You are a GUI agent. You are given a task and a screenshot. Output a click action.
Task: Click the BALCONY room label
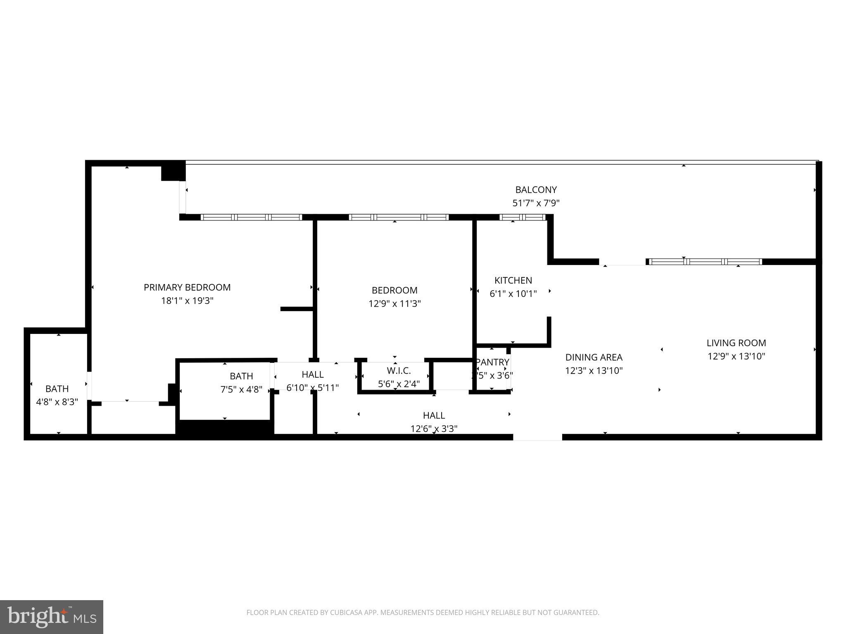tap(536, 190)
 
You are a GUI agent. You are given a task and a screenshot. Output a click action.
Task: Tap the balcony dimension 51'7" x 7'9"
tap(536, 203)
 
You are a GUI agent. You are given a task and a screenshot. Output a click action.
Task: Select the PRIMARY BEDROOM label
tap(187, 287)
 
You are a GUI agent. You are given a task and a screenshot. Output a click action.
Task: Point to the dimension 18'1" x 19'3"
tap(187, 300)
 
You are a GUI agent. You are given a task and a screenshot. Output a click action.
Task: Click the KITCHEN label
tap(513, 280)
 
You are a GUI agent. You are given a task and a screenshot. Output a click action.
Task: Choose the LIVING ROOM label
tap(736, 343)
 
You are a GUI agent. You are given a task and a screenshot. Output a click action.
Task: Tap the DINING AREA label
tap(594, 357)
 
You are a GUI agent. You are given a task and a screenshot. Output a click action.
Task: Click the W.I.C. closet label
tap(399, 371)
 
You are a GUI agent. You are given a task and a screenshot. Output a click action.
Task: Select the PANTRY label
tap(492, 362)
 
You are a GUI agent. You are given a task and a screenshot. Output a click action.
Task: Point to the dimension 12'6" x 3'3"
tap(434, 429)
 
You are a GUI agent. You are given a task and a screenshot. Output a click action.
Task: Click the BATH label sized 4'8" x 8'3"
tap(57, 388)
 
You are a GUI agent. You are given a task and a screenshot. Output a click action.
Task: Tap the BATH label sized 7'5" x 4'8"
tap(241, 376)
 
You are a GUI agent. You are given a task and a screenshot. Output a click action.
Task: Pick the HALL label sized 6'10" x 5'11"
tap(312, 374)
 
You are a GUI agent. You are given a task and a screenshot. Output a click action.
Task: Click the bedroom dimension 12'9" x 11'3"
tap(394, 304)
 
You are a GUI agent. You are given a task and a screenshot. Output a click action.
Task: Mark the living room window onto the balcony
tap(705, 261)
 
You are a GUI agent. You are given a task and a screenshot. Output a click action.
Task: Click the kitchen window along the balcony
tap(523, 217)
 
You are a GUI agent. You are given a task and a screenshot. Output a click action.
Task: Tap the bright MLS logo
tap(52, 617)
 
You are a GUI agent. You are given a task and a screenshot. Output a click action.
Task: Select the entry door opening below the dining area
tap(537, 437)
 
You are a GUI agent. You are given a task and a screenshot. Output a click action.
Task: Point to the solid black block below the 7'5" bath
tap(225, 427)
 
